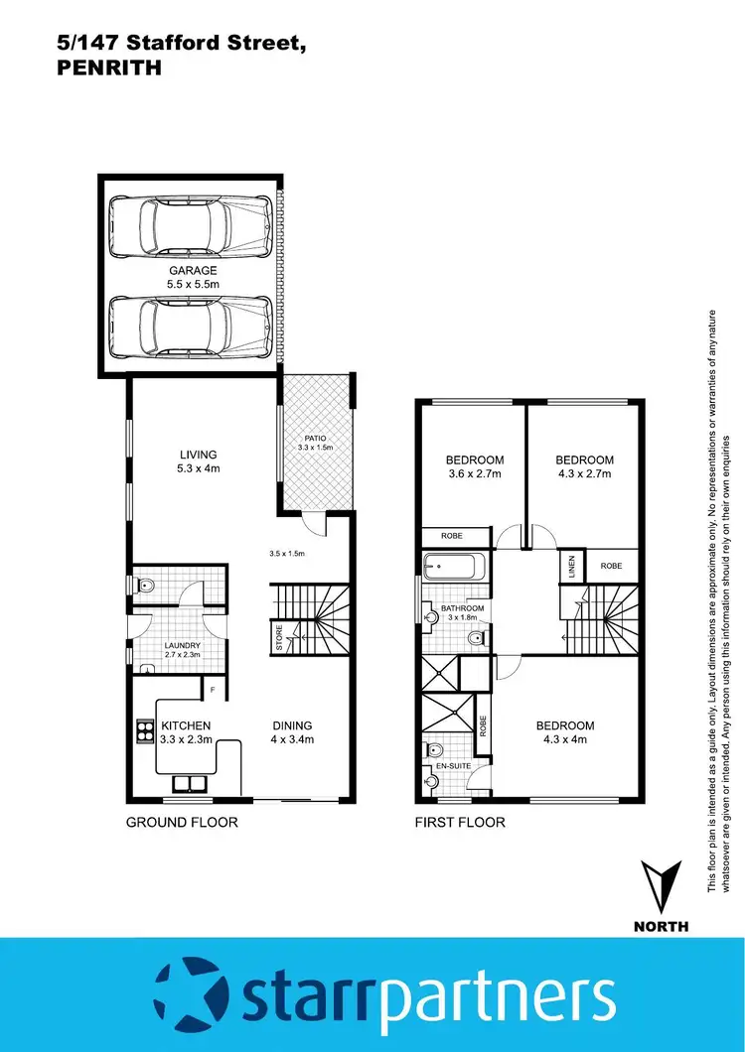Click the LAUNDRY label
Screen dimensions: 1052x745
(182, 650)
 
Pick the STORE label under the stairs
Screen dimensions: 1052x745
(280, 638)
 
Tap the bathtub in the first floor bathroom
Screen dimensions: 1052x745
(453, 569)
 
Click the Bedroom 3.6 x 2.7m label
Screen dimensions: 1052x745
(474, 466)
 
